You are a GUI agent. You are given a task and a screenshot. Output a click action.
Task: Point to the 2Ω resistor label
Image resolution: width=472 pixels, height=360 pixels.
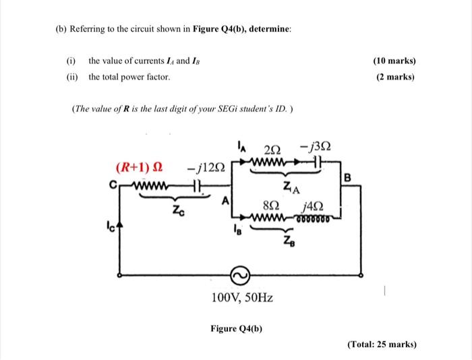[272, 149]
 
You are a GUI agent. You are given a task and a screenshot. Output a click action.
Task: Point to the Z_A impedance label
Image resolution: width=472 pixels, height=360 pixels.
[291, 187]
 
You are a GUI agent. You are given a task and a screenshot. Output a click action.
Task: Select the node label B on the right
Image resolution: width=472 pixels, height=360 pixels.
[347, 177]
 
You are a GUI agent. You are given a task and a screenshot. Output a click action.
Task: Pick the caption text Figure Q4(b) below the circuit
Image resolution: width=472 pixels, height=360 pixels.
[236, 328]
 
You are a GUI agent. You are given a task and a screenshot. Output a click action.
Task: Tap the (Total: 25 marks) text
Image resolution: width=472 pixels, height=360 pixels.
[382, 344]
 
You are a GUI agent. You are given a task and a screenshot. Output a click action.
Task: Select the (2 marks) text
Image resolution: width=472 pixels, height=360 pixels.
[396, 77]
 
